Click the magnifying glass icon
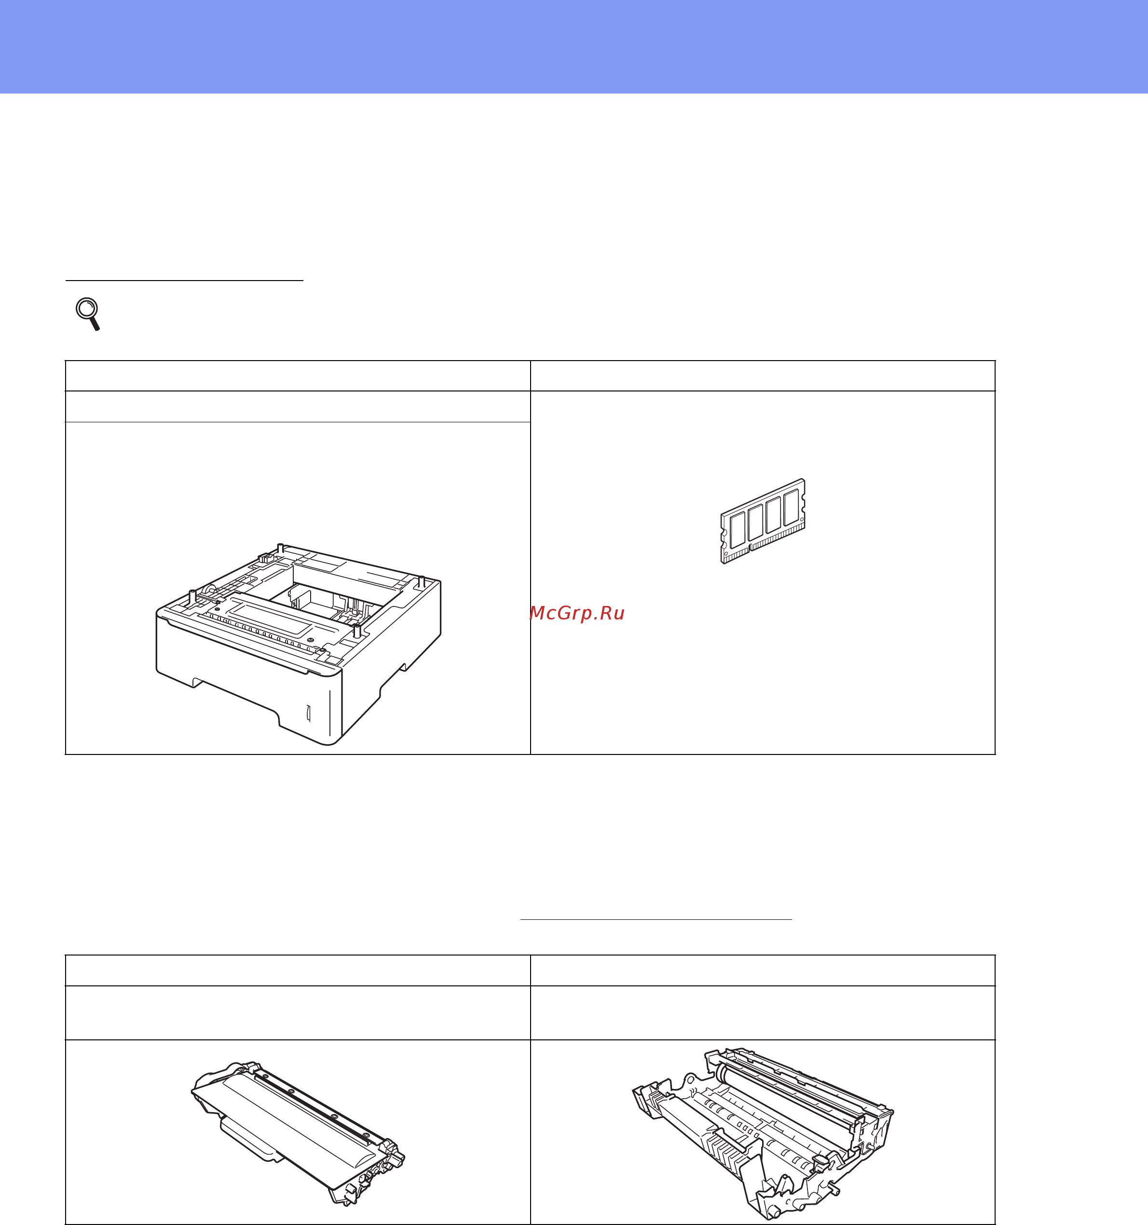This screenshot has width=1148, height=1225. (x=88, y=314)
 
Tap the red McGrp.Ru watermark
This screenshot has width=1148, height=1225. (x=577, y=613)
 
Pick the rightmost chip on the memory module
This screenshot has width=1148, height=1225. (x=792, y=507)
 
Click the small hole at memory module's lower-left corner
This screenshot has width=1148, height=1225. (x=725, y=553)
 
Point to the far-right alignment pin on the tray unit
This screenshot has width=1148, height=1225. (x=421, y=581)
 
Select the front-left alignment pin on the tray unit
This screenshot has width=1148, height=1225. (x=192, y=596)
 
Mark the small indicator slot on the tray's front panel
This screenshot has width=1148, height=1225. (x=308, y=713)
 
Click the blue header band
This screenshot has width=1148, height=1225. (x=574, y=47)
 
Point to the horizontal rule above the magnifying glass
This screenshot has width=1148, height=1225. (x=184, y=281)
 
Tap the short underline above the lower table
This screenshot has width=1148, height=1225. (x=656, y=919)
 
